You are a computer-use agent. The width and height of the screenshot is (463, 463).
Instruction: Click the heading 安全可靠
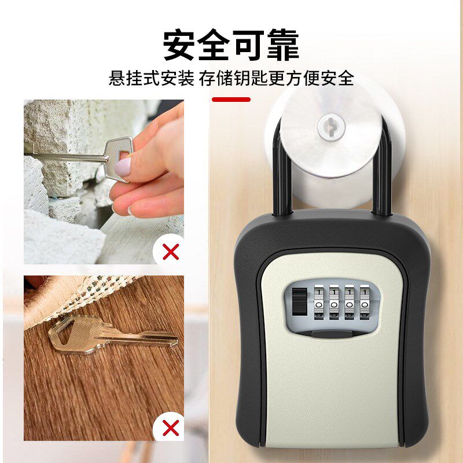[231, 45]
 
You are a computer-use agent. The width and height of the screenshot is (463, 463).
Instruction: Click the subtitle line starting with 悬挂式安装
[231, 78]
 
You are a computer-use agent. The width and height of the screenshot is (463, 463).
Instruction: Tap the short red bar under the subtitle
[231, 100]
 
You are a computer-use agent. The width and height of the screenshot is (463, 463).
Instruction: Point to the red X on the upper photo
[171, 252]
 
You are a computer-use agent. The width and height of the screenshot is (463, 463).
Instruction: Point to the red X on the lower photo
[171, 428]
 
